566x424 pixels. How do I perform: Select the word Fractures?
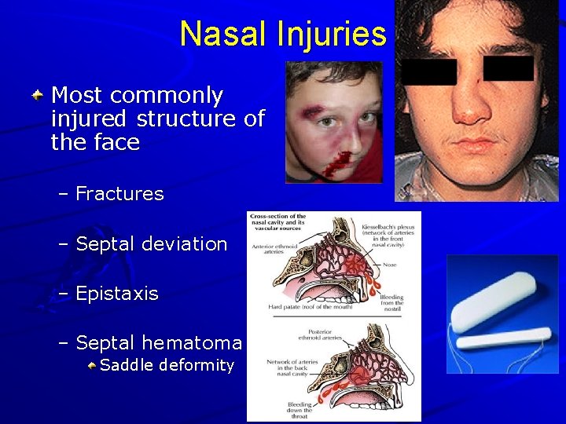(x=119, y=194)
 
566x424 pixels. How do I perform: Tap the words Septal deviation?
(x=151, y=243)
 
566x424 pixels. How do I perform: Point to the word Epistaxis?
(x=117, y=294)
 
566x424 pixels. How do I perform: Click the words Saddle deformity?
(x=167, y=365)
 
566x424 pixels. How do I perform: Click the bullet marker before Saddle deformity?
(x=93, y=365)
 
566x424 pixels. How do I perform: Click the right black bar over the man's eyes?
(x=508, y=68)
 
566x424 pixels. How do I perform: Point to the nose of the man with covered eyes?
(x=472, y=106)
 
